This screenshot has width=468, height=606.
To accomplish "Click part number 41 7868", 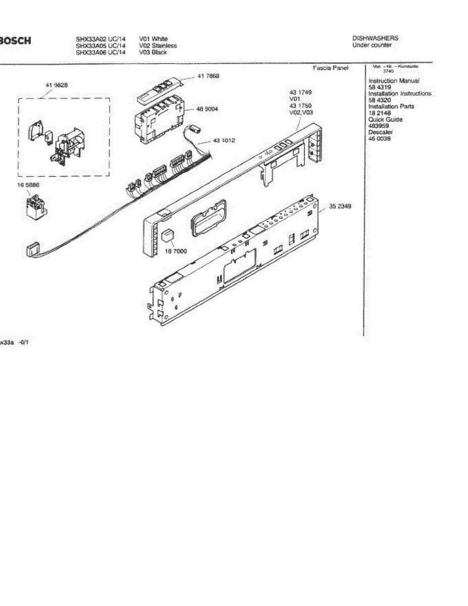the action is pos(208,76).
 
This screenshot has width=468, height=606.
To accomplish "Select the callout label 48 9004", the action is pos(207,109).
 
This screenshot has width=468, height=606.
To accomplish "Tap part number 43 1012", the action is pos(225,140).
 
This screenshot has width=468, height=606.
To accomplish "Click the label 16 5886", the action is pos(28,185).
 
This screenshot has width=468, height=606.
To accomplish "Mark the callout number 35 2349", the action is pos(340,206).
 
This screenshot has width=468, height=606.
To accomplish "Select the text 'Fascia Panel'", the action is pos(331,68).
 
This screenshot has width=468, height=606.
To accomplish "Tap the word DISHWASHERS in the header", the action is pos(375,38).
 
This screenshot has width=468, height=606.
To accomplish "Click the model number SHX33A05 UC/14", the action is pos(100,45).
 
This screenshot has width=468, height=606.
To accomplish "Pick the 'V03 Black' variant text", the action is pos(153,52).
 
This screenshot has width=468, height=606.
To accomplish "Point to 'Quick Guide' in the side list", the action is pos(385,120).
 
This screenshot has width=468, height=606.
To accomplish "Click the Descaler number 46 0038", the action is pos(379,138).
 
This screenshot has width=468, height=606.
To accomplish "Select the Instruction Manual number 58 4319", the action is pos(379,87).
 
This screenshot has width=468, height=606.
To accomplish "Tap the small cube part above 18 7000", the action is pos(167,235).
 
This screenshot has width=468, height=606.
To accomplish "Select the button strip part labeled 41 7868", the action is pos(158,89).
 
